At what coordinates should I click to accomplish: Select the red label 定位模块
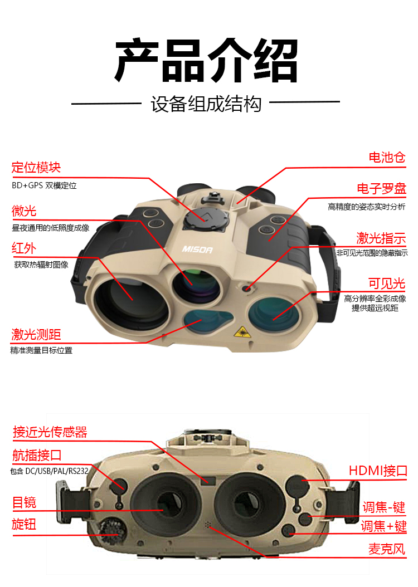36,167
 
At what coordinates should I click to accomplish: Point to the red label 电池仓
386,158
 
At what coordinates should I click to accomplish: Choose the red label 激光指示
381,238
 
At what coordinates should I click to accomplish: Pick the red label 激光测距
36,335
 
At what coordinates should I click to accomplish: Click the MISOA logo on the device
197,250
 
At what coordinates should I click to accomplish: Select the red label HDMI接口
378,471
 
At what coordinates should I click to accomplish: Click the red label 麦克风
387,549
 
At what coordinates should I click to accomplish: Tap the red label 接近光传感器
50,432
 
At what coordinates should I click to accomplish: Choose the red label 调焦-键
383,507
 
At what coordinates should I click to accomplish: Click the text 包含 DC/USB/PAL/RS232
50,471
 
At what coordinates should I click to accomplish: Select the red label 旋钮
24,524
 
